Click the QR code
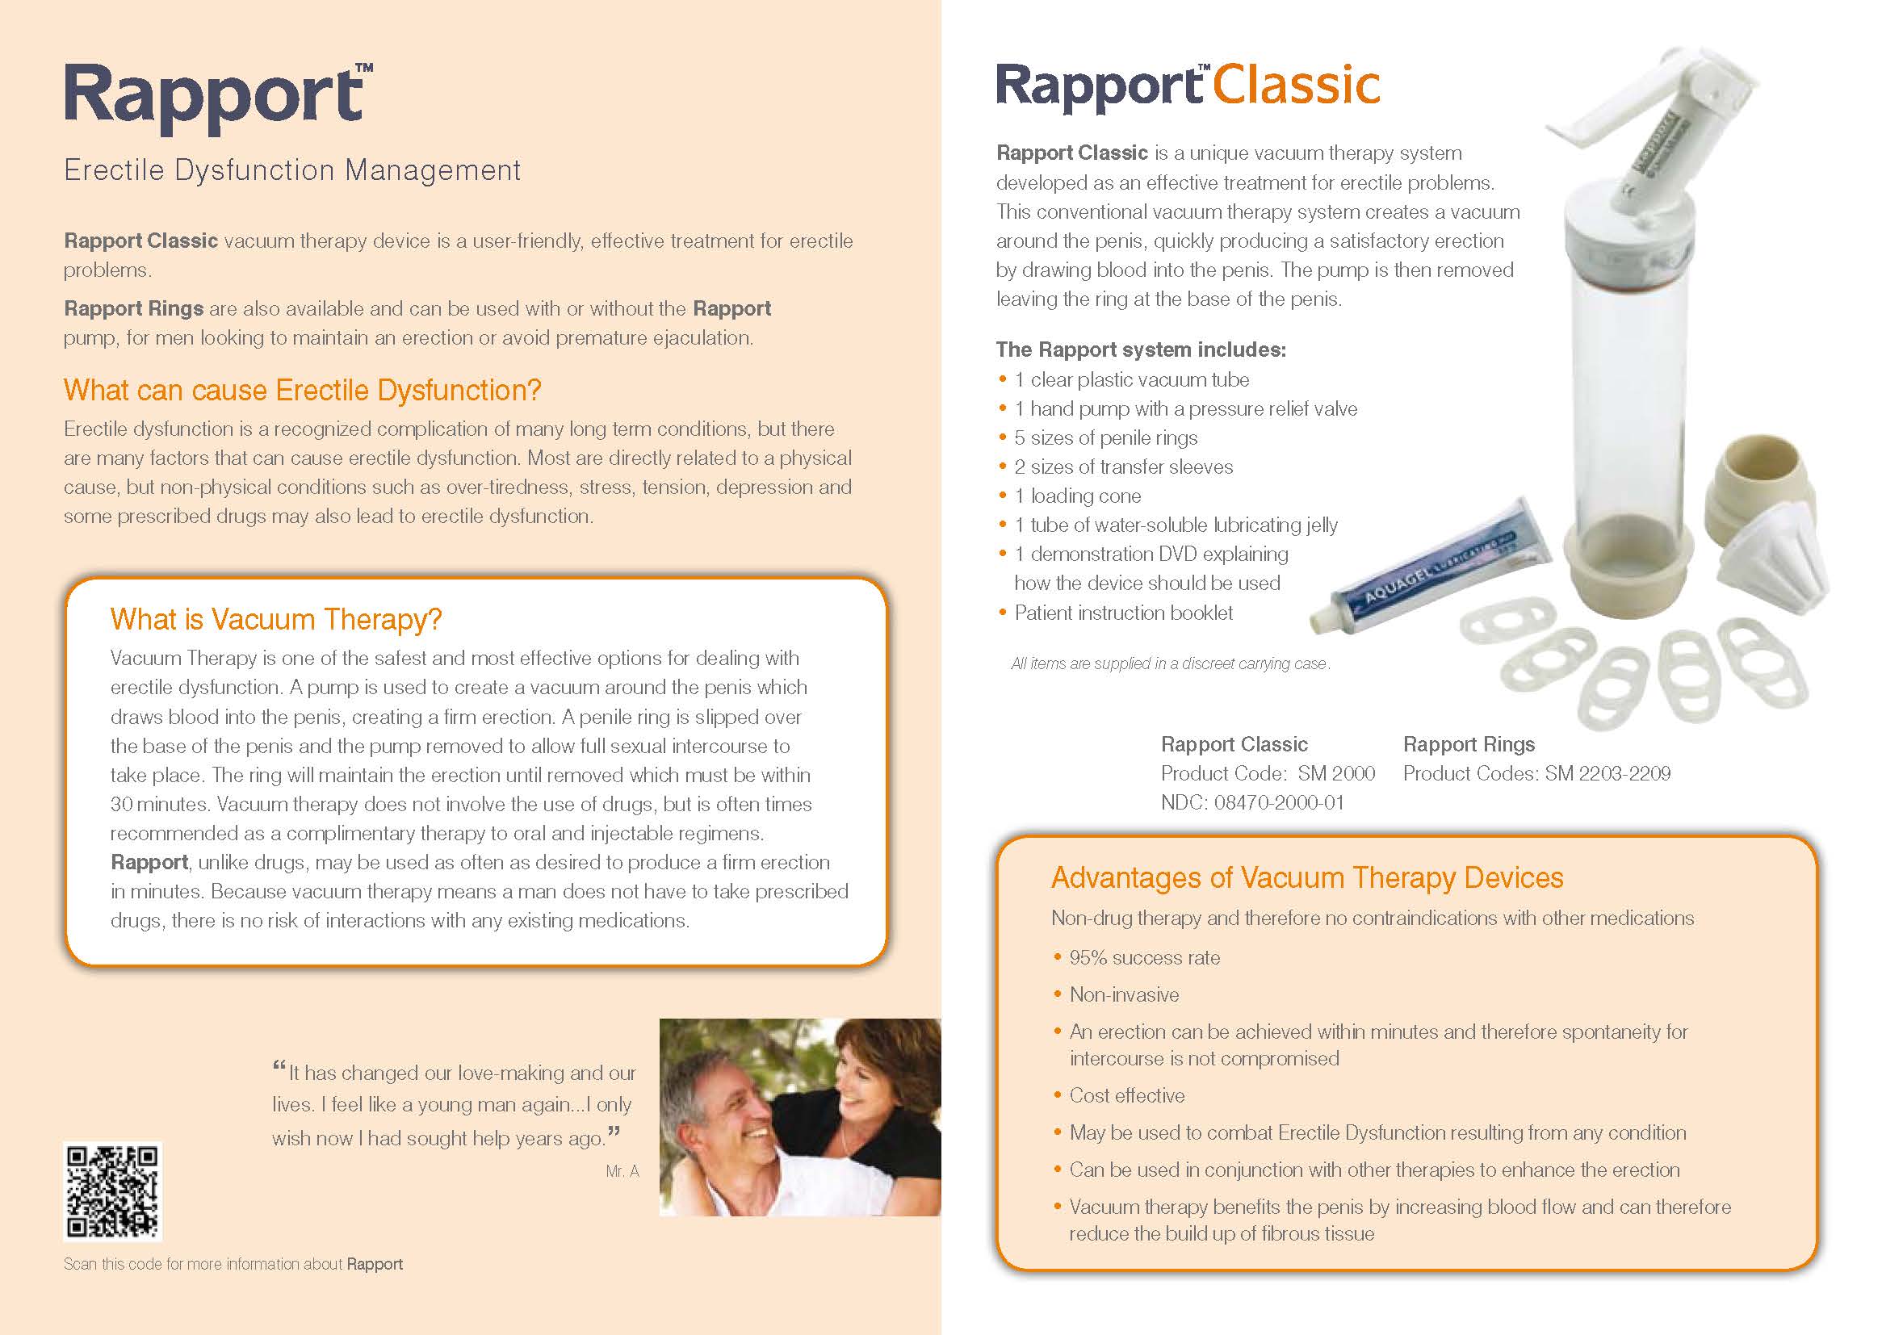[113, 1191]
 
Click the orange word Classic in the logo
[1297, 86]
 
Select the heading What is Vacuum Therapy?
[276, 619]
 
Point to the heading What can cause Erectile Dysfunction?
[303, 390]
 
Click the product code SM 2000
[1336, 773]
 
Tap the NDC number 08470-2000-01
[1279, 802]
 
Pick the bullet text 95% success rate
[1145, 958]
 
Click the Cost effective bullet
[1127, 1096]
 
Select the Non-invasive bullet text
[1124, 994]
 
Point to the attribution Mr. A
[622, 1171]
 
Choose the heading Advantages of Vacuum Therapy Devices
[1307, 878]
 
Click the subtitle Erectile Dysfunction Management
[293, 170]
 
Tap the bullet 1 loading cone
[1077, 496]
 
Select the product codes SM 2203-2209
[1607, 773]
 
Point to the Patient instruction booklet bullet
[1123, 613]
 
